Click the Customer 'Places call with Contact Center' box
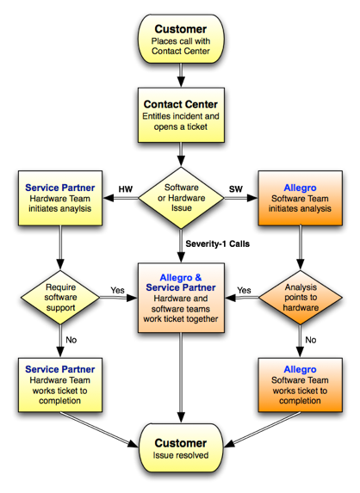pos(181,39)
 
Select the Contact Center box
pos(181,115)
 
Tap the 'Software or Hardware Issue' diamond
pos(181,198)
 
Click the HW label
pos(126,189)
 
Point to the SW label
pos(236,189)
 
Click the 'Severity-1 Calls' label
pos(217,243)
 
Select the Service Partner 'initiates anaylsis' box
pos(60,198)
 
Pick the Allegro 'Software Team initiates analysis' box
pos(301,198)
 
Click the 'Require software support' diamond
pos(60,297)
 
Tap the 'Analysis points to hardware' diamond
pos(301,297)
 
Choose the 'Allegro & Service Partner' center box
pos(181,298)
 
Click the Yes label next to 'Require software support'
pos(117,290)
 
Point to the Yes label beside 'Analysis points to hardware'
pos(244,290)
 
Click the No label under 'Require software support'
pos(71,340)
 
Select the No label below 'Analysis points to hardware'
pos(311,340)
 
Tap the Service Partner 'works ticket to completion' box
pos(60,385)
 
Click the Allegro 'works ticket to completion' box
pos(301,385)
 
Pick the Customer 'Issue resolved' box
pos(181,448)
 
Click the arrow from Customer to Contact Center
pos(181,76)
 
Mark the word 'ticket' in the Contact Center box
pos(197,126)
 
